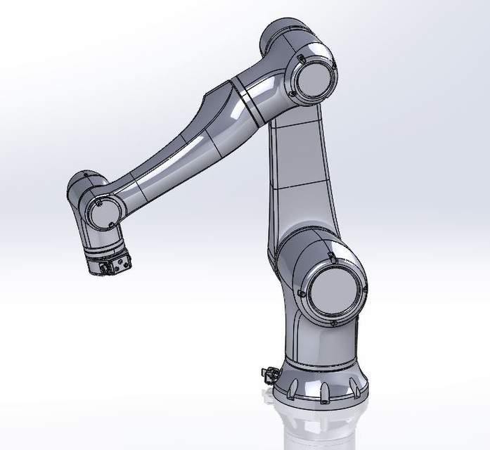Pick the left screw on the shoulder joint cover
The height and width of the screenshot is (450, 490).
pyautogui.click(x=301, y=292)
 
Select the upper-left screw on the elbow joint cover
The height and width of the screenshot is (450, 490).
pyautogui.click(x=300, y=57)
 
